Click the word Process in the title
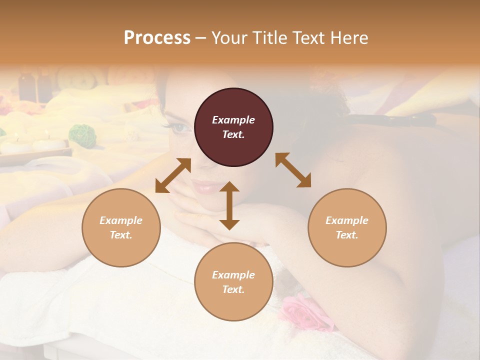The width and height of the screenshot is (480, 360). click(157, 38)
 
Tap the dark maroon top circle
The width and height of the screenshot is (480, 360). click(233, 127)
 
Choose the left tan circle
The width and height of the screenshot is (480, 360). click(121, 227)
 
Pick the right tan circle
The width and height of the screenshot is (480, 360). click(347, 227)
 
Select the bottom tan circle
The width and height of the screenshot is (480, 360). click(233, 282)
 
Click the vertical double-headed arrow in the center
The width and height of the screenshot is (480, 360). click(229, 205)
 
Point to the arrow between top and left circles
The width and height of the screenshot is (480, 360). click(173, 175)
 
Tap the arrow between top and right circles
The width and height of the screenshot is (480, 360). click(293, 170)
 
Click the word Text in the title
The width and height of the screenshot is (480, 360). click(309, 38)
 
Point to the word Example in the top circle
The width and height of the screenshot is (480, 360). click(233, 120)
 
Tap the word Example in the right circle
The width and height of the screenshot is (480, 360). click(347, 220)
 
